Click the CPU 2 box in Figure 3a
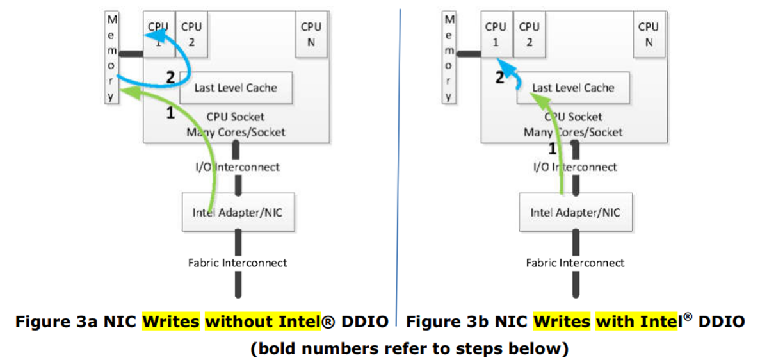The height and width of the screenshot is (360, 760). click(191, 35)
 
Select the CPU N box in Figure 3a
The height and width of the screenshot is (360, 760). click(311, 35)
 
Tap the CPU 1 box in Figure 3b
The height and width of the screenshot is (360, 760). click(496, 35)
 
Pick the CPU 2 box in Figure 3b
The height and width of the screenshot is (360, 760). click(529, 35)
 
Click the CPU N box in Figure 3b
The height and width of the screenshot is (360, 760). click(648, 35)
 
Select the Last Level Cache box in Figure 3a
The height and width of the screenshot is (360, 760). click(236, 88)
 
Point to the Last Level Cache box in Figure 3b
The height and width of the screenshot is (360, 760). click(573, 88)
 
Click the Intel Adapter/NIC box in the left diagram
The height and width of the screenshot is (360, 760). click(238, 212)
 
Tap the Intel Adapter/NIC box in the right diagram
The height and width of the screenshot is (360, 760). click(575, 212)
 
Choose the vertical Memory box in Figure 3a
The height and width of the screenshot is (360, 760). click(112, 58)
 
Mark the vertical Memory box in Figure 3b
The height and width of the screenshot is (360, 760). click(449, 58)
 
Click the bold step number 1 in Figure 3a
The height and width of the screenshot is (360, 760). click(170, 113)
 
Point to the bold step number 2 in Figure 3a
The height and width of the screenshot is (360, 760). click(170, 78)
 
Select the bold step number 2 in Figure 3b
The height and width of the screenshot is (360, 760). click(500, 78)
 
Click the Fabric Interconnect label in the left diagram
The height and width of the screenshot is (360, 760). click(238, 263)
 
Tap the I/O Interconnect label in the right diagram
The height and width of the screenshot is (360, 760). click(575, 167)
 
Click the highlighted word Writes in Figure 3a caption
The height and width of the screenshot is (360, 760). click(171, 321)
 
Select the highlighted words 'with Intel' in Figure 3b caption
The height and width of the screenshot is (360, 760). click(636, 321)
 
